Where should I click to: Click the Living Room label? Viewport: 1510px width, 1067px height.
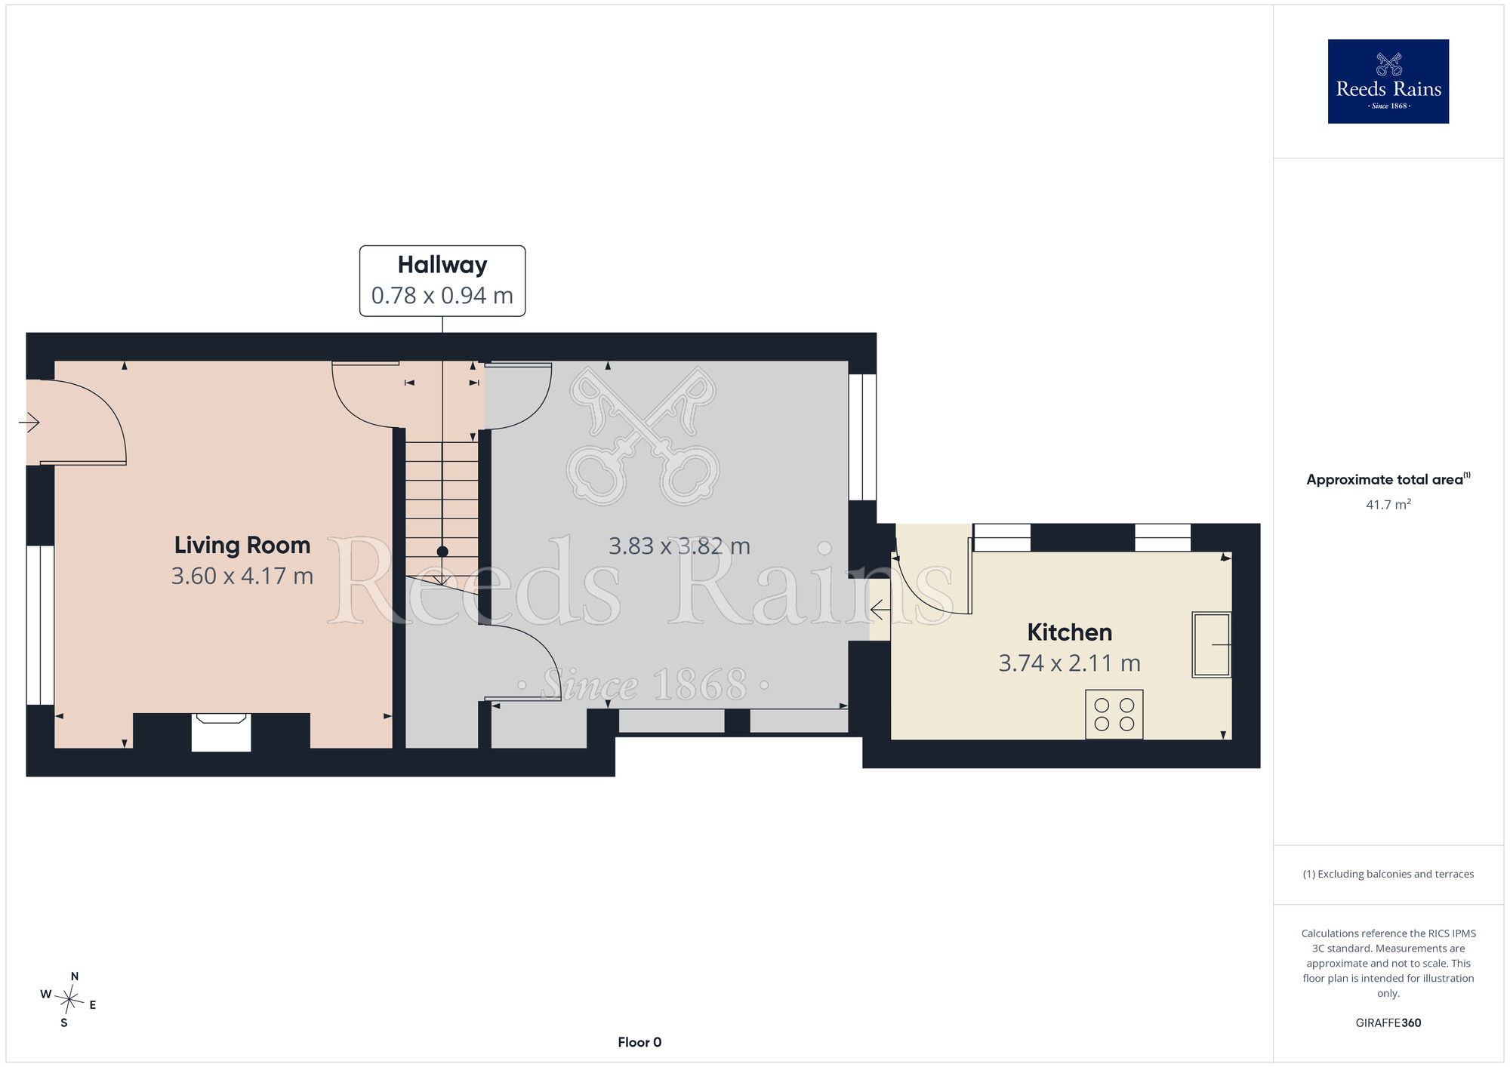click(242, 545)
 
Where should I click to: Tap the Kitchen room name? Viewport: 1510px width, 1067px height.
click(1069, 632)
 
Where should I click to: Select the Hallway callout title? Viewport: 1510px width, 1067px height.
click(442, 265)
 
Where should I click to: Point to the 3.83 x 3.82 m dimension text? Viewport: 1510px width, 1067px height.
click(679, 546)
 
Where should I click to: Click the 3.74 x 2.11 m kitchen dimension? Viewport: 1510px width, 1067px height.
click(1069, 663)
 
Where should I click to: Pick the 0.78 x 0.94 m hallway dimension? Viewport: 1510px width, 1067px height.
click(442, 295)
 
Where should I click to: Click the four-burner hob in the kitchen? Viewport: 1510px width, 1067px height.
click(1114, 714)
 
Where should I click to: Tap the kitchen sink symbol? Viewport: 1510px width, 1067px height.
click(1212, 644)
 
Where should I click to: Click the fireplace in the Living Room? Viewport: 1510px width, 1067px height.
click(221, 732)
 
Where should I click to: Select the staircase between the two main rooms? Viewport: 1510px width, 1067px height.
click(442, 513)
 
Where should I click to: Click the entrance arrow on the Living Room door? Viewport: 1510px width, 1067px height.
click(29, 422)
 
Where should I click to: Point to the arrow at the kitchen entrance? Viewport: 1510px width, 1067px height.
click(880, 609)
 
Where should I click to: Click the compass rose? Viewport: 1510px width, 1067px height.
click(69, 1001)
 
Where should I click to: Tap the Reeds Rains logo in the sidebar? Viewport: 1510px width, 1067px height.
click(1388, 81)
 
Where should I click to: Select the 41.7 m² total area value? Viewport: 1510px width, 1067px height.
click(1388, 504)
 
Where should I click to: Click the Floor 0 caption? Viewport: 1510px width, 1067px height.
click(639, 1042)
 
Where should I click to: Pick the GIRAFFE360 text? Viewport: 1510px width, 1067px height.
click(1388, 1023)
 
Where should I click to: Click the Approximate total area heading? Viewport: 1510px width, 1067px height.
click(1388, 479)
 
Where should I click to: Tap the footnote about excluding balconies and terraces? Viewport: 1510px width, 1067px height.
click(1388, 874)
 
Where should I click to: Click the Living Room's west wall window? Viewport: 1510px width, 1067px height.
click(40, 625)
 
